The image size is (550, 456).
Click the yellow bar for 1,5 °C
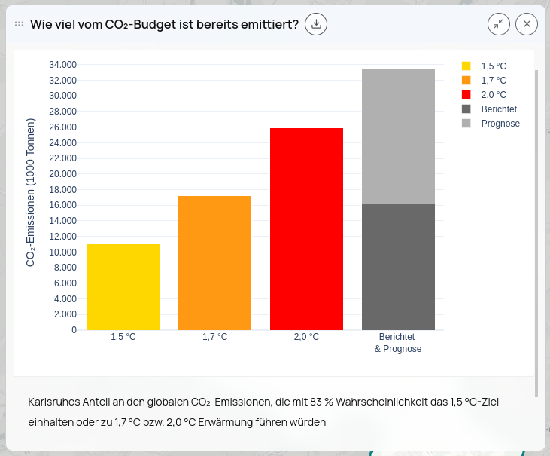[123, 287]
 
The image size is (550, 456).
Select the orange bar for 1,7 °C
[214, 263]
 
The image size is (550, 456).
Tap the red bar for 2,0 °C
[306, 229]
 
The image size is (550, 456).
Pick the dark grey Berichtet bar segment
[398, 267]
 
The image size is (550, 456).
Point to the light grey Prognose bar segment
[398, 136]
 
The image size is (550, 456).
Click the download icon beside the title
[317, 24]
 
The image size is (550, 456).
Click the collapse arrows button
[498, 24]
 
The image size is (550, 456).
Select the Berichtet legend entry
[499, 109]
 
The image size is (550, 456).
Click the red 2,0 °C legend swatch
[466, 95]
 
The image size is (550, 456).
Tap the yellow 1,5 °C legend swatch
[466, 66]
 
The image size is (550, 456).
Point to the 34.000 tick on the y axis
[62, 65]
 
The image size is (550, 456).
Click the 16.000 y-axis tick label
[62, 205]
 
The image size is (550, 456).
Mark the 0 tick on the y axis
[74, 330]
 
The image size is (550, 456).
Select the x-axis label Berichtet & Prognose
[397, 343]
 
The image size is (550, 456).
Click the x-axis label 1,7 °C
[214, 337]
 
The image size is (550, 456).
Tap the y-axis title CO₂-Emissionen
[31, 192]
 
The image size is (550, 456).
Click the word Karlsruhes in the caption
[54, 402]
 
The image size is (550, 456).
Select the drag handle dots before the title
[20, 24]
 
